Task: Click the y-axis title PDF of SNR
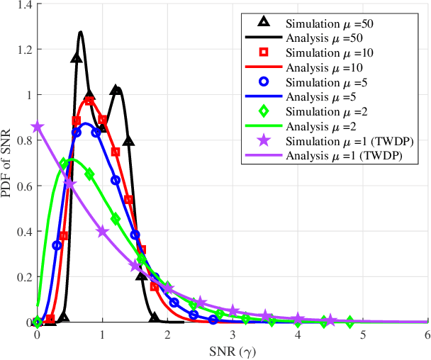(x=9, y=163)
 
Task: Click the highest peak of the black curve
(x=80, y=32)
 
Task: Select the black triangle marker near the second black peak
(x=116, y=91)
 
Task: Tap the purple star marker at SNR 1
(x=103, y=232)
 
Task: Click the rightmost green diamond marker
(x=349, y=322)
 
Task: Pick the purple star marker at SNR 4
(x=298, y=319)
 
